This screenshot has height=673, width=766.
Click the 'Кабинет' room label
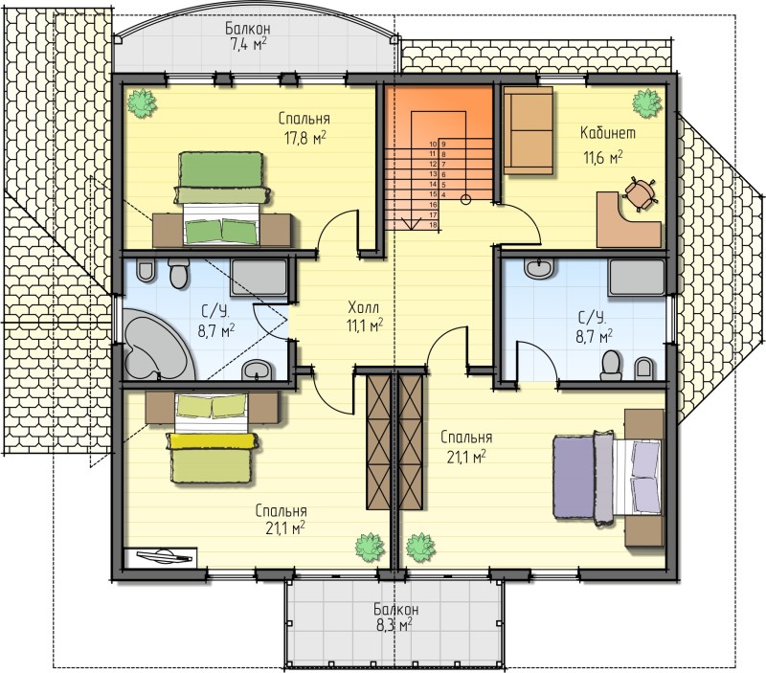tap(608, 133)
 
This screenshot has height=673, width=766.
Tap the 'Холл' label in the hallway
tap(363, 307)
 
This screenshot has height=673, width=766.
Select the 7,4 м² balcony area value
tap(248, 44)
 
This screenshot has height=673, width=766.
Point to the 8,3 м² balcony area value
tap(394, 624)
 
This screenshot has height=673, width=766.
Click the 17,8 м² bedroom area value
tap(304, 138)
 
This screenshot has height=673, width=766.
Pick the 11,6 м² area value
tap(603, 157)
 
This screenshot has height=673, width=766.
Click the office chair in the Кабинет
tap(639, 193)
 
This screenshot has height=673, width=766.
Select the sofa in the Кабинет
tap(529, 130)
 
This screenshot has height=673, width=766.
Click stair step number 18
tap(433, 225)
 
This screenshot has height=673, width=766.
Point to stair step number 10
tap(433, 144)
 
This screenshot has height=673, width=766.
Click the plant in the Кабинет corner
tap(647, 103)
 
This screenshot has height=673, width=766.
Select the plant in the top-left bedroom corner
tap(142, 103)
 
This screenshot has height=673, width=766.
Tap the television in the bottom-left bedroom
tap(161, 557)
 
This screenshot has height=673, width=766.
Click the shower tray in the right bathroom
tap(637, 278)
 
